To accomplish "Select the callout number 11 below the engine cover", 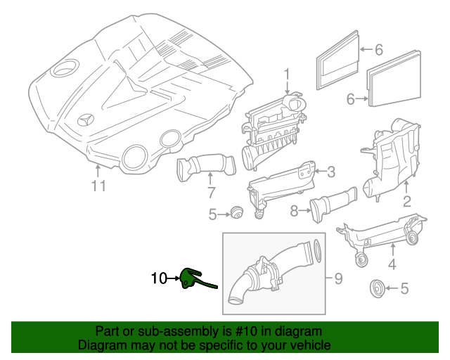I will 98,186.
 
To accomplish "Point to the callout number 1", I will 287,74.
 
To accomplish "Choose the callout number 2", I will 406,203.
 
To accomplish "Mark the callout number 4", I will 392,264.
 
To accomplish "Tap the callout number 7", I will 210,192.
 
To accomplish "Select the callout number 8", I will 295,209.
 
